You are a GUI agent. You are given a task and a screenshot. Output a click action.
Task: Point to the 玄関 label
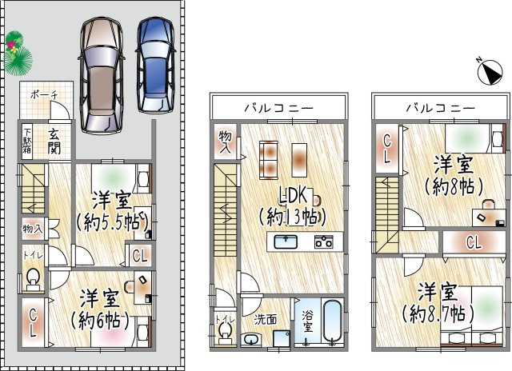(x=54, y=141)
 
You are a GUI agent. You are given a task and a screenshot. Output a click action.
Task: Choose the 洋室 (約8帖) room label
(x=453, y=175)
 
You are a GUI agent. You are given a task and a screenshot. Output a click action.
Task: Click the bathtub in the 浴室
(x=331, y=324)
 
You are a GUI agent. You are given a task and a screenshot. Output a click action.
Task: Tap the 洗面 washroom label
(x=266, y=320)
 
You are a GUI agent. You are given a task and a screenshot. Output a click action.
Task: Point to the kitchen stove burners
(x=324, y=241)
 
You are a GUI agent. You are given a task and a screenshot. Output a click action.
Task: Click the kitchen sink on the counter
(x=286, y=241)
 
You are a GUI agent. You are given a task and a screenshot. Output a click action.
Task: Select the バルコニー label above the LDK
(x=280, y=107)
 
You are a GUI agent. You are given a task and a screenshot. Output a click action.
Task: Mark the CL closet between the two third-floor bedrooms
(x=474, y=242)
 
